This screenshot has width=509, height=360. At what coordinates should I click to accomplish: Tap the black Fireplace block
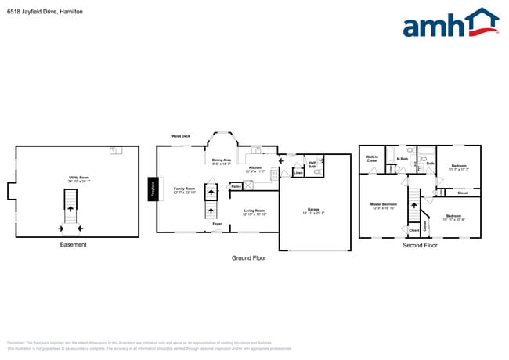click(153, 189)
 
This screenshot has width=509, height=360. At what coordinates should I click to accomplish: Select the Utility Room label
click(78, 178)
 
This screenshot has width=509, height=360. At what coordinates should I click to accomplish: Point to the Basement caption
click(74, 245)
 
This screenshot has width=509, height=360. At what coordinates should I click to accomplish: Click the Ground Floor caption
click(248, 257)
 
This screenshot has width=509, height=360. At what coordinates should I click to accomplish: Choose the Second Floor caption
click(419, 245)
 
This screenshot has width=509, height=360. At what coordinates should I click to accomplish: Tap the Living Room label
click(254, 211)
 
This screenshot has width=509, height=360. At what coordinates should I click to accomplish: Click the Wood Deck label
click(182, 136)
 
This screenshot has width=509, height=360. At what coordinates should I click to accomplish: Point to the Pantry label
click(236, 186)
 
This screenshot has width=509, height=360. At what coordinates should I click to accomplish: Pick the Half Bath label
click(312, 165)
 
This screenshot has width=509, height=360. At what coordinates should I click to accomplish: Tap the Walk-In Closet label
click(372, 159)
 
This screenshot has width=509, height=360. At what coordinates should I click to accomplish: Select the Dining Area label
click(222, 161)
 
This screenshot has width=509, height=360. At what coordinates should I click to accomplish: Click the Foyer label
click(217, 224)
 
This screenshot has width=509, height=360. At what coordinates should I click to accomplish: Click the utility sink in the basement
click(115, 150)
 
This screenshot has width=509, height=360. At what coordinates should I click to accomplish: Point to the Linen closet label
click(298, 172)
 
